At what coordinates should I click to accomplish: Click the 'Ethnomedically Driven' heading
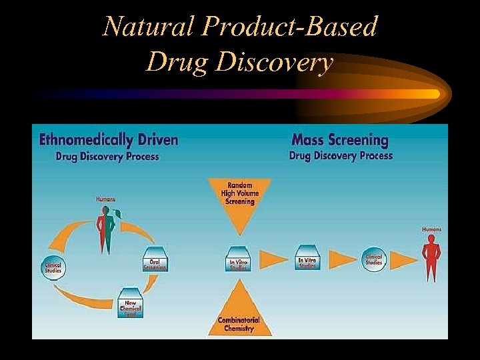coord(109,140)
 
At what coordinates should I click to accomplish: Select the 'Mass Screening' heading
coord(340,140)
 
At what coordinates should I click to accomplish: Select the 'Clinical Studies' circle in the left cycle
coord(53,267)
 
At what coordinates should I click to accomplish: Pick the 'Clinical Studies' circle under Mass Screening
coord(374,259)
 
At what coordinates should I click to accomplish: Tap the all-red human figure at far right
coord(431,257)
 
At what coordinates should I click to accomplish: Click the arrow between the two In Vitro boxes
coord(273,259)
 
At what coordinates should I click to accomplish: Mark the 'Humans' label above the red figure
coord(431,229)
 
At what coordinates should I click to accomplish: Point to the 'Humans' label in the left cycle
coord(105,199)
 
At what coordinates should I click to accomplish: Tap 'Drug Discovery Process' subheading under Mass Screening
coord(341,156)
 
